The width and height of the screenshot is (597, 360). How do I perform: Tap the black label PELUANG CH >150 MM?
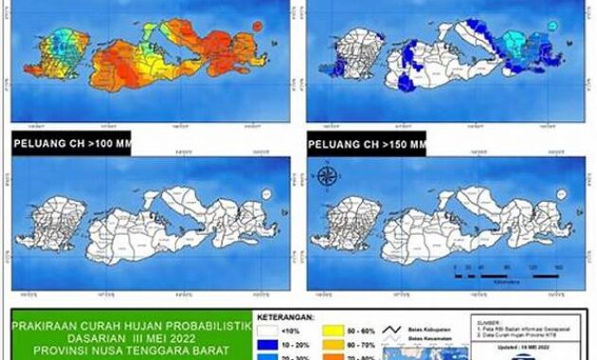(x=367, y=146)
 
